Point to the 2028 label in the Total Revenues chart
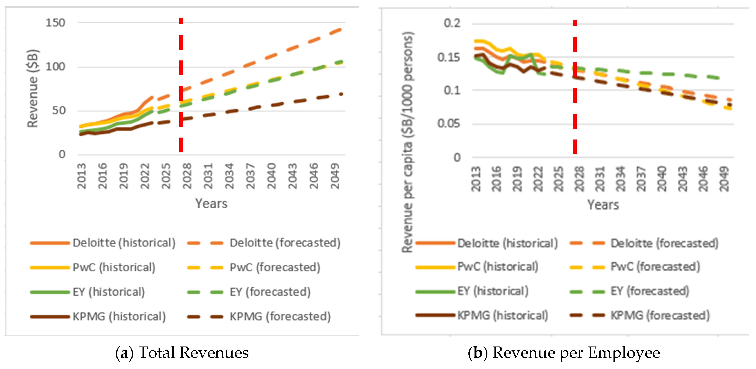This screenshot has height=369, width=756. click(187, 176)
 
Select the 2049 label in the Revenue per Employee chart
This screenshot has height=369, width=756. click(724, 179)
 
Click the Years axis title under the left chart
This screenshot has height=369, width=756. click(211, 203)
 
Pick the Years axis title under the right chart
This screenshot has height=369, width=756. click(603, 204)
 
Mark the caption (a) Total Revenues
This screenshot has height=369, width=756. click(182, 353)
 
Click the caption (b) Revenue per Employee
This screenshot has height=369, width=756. click(564, 353)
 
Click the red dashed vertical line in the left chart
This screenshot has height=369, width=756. click(181, 85)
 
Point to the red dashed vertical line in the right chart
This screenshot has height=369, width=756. click(575, 87)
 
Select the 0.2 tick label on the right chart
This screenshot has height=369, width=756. click(452, 23)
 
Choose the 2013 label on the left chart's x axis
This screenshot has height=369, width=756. click(81, 176)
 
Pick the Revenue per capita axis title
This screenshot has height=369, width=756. click(407, 142)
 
